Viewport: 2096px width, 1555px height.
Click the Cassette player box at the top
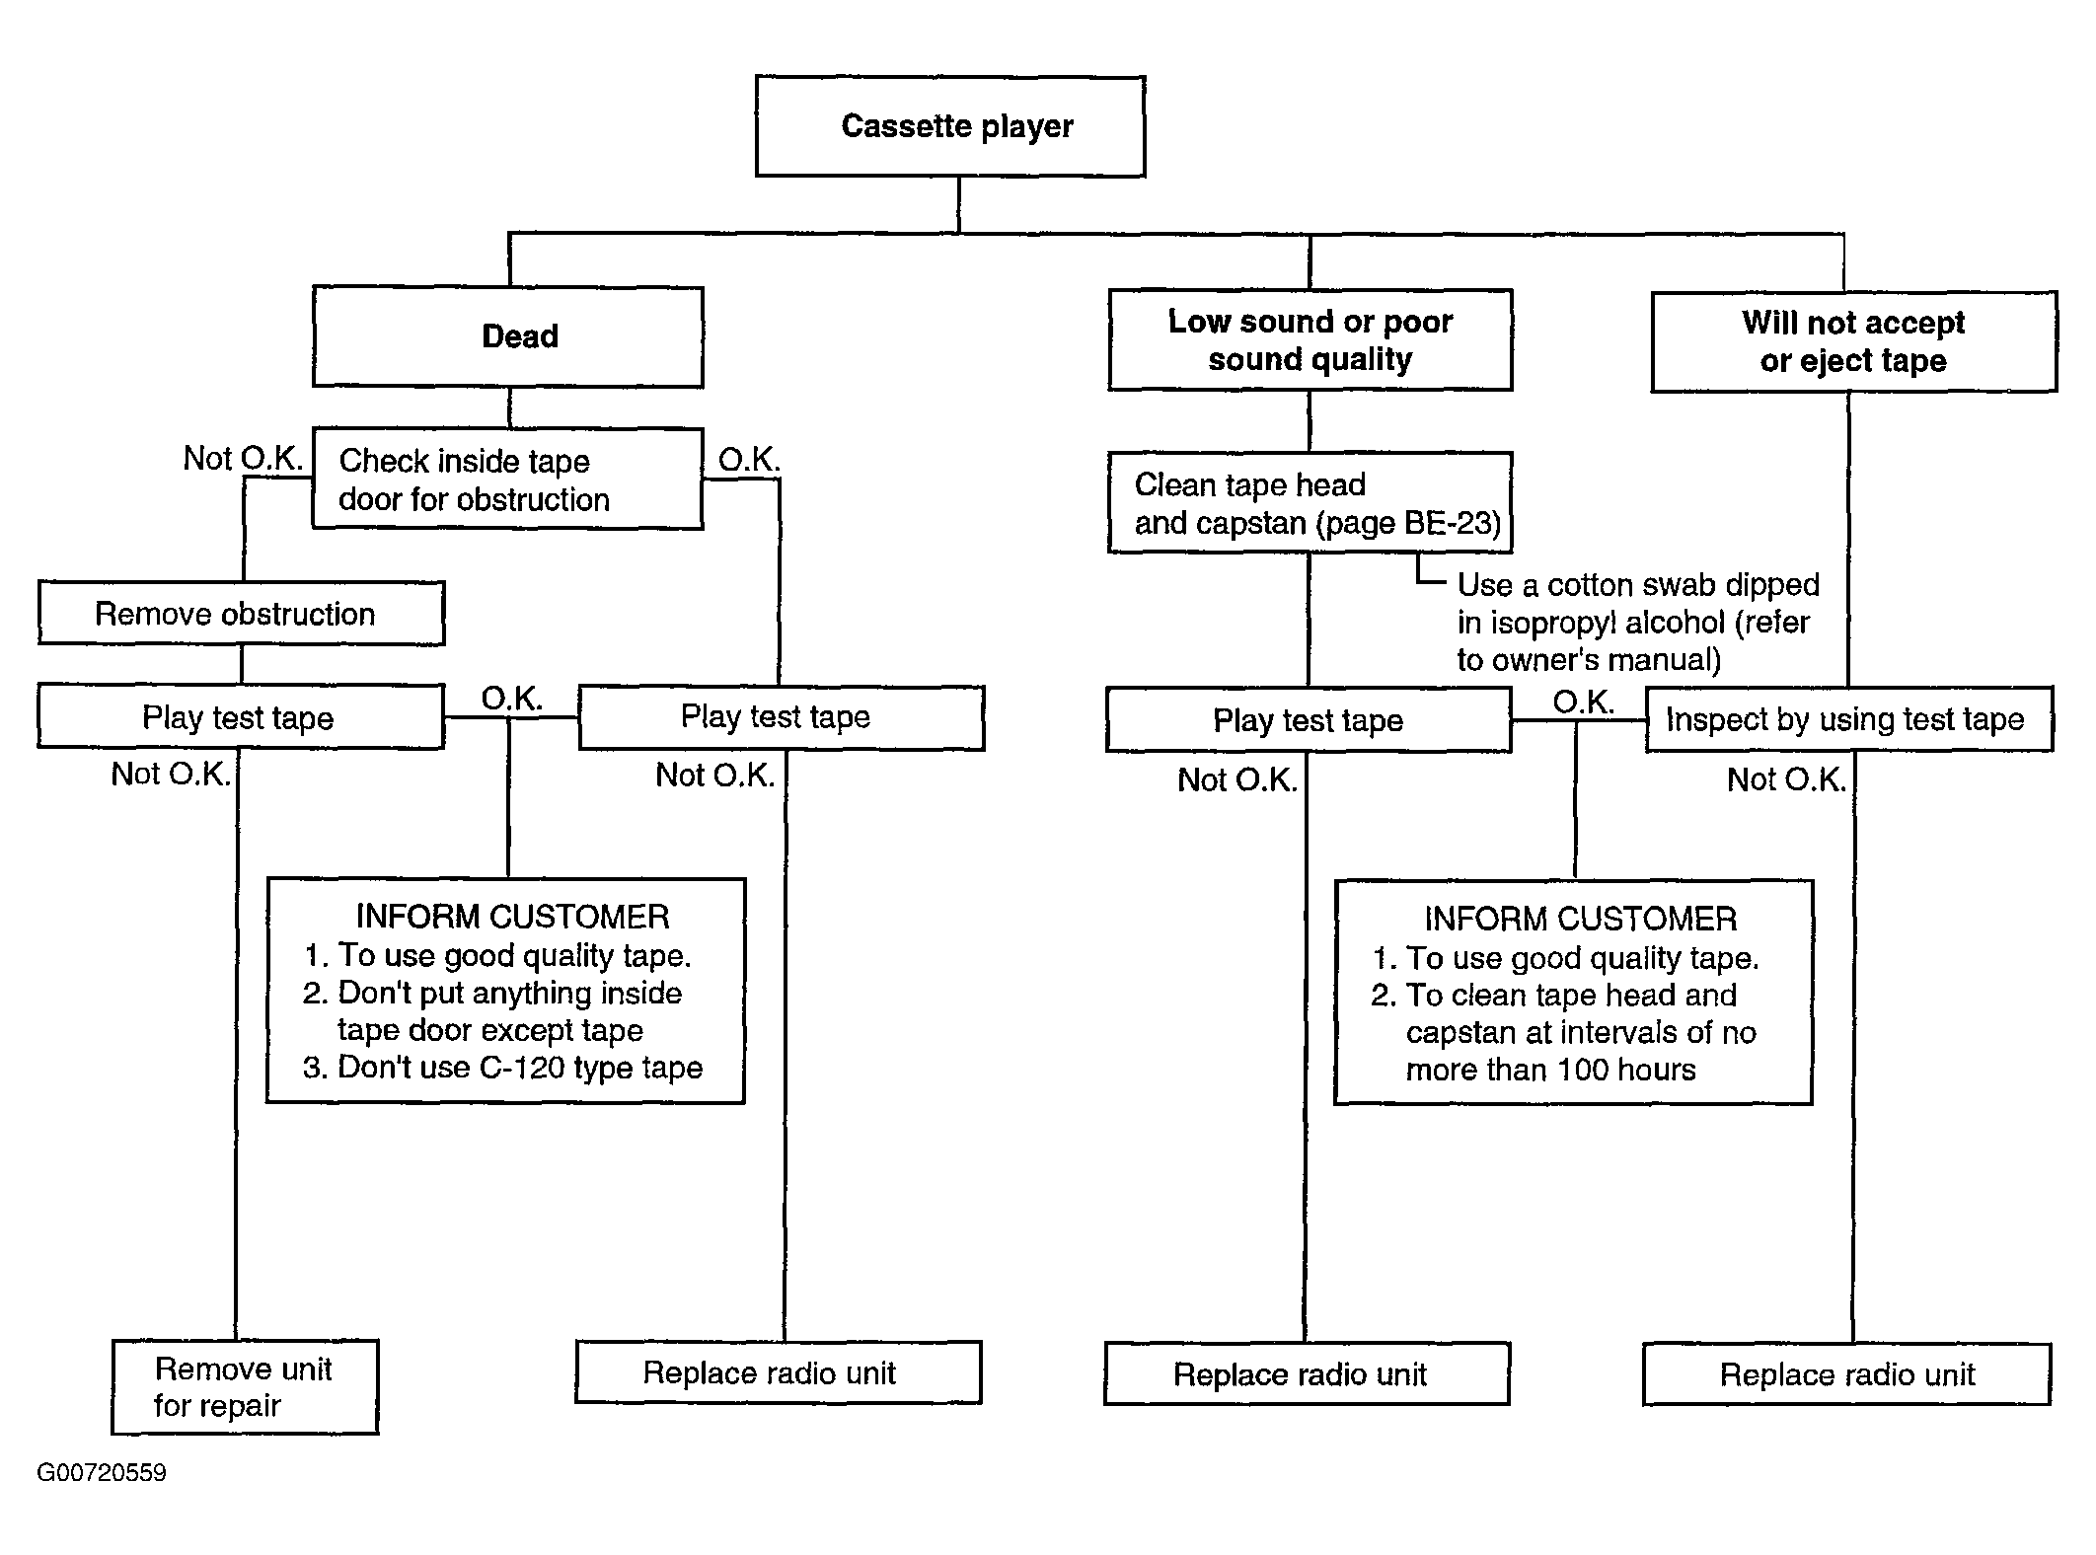tap(950, 126)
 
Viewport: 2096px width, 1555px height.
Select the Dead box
tap(508, 336)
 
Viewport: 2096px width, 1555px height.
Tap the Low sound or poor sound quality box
tap(1310, 339)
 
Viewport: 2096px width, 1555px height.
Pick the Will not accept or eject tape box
tap(1853, 341)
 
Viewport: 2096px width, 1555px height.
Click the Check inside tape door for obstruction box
tap(508, 479)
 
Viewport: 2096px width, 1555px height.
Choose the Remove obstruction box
tap(242, 613)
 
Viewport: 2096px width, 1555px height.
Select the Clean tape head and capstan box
tap(1310, 502)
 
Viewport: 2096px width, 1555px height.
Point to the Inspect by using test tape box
tap(1849, 719)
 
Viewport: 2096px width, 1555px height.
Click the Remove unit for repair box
tap(245, 1386)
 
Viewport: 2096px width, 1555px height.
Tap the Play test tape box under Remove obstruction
tap(241, 717)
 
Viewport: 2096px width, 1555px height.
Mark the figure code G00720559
tap(102, 1473)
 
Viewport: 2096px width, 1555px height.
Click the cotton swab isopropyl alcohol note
tap(1638, 622)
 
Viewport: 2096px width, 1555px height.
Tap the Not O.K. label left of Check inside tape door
tap(243, 459)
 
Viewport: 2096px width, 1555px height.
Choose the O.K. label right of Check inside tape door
tap(749, 460)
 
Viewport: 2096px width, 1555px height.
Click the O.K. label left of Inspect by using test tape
tap(1583, 703)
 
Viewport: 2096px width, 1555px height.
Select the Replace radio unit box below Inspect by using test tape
tap(1847, 1373)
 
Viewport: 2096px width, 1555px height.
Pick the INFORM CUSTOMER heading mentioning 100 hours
tap(1580, 920)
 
